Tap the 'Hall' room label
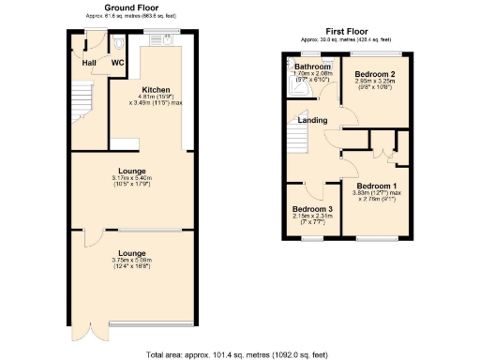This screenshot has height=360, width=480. [x=89, y=63]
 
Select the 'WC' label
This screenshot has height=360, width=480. [x=118, y=63]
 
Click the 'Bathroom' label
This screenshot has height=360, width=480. [x=312, y=67]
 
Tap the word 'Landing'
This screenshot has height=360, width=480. [x=312, y=120]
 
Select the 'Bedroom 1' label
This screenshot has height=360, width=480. [x=376, y=186]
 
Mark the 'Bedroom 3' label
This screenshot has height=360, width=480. [x=311, y=208]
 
